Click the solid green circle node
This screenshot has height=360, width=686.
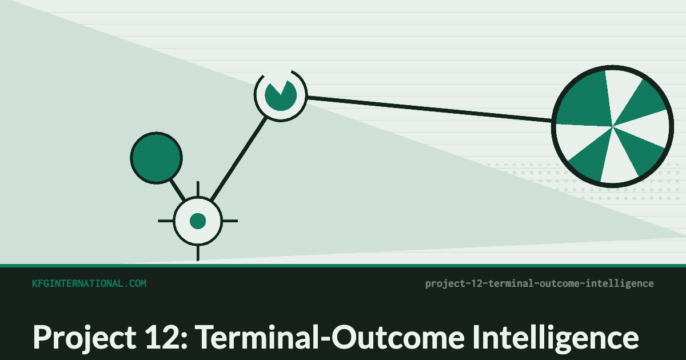(157, 158)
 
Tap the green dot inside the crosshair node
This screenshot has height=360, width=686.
(198, 221)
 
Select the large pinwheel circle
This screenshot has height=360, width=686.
(612, 126)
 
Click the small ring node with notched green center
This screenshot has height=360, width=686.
(281, 95)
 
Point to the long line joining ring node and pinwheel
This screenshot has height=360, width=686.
(430, 109)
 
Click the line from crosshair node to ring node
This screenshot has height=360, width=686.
(239, 159)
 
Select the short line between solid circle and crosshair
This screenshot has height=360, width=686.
(178, 190)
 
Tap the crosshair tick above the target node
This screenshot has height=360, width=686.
(198, 189)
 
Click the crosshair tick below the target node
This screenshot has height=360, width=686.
(198, 253)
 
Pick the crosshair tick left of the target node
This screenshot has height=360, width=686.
(166, 221)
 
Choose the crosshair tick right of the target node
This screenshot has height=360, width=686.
(230, 221)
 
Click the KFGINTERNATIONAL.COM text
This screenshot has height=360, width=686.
(89, 283)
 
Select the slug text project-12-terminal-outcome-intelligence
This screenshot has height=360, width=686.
(540, 284)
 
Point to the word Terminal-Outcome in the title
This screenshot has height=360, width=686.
(330, 337)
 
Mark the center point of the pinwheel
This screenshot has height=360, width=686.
(612, 126)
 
